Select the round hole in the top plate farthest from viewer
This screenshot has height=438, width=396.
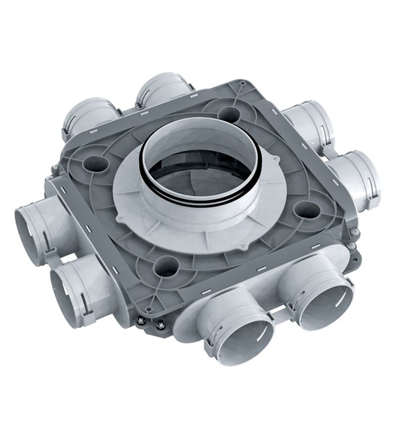pos(229,113)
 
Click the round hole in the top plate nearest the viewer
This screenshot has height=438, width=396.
pos(166,264)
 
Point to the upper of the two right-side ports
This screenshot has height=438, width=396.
pos(309,125)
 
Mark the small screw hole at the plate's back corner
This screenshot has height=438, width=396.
pos(241,83)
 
